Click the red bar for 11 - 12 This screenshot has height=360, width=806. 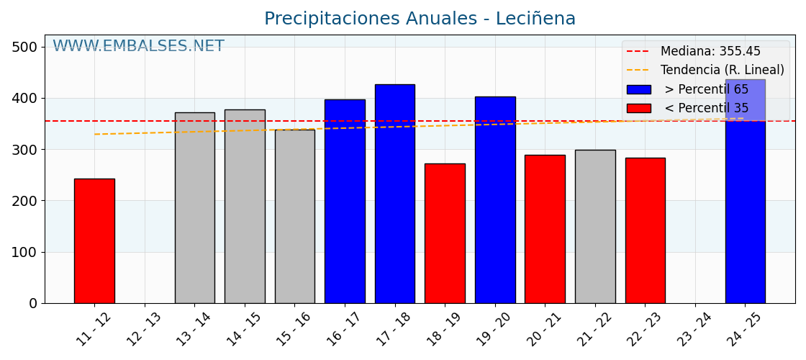coord(94,240)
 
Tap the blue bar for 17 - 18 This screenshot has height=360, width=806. coord(394,194)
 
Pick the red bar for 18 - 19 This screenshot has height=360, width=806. coord(445,233)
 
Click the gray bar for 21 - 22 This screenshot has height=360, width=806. coord(595,226)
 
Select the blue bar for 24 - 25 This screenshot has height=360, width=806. coord(745,209)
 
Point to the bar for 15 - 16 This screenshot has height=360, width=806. coord(294,216)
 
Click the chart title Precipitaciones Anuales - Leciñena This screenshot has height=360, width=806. coord(420,19)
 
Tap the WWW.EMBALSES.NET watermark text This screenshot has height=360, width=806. coord(138,47)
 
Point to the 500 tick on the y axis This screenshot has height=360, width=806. coord(24,47)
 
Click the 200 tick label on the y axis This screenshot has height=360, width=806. coord(24,201)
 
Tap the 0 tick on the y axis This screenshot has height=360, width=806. coord(32,304)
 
